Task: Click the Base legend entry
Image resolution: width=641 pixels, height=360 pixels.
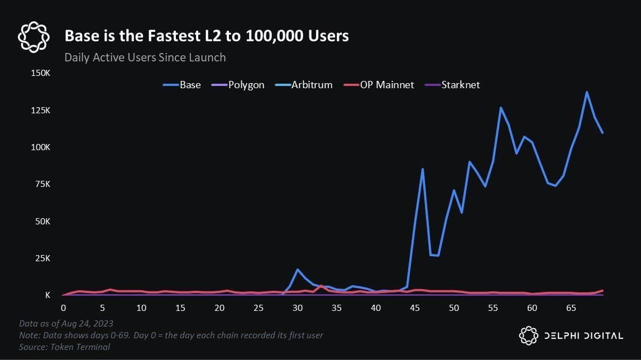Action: [x=182, y=85]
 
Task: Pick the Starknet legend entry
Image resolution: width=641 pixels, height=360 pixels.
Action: [x=453, y=85]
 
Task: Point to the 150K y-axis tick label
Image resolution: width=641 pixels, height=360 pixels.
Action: [x=40, y=73]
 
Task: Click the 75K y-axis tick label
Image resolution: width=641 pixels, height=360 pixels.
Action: [x=42, y=184]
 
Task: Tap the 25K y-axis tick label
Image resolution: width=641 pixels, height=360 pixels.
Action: [x=42, y=258]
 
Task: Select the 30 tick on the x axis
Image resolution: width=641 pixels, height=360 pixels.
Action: [x=297, y=308]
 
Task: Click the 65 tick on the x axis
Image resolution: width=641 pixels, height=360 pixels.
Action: [x=571, y=308]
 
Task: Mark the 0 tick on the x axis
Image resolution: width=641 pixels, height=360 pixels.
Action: [x=63, y=308]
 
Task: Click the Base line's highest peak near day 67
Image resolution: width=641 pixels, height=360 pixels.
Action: [x=587, y=92]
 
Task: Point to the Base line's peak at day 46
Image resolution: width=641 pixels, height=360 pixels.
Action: [x=423, y=169]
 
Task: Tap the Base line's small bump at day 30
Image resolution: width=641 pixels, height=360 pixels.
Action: [x=298, y=270]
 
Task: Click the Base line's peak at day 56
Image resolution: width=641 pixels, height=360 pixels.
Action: [x=501, y=107]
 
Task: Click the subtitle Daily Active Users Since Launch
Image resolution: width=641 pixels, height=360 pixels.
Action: [x=145, y=57]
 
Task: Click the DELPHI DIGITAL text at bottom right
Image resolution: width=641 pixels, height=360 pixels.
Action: [x=583, y=335]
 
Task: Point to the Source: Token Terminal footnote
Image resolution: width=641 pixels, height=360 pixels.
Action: [x=64, y=347]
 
